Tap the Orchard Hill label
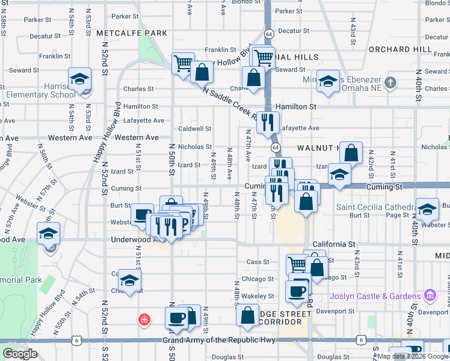[400, 49]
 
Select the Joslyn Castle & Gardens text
[375, 296]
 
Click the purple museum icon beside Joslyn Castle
[430, 295]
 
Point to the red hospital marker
[144, 319]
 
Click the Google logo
[19, 354]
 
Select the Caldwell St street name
[195, 128]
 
